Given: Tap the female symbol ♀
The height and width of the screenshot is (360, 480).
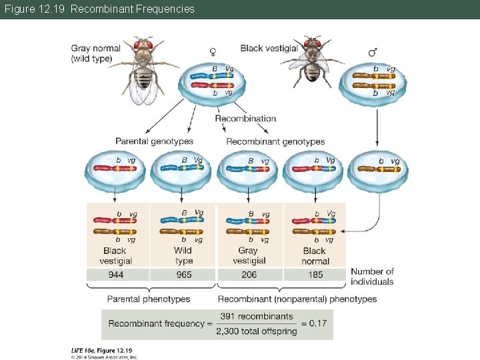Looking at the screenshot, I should (213, 51).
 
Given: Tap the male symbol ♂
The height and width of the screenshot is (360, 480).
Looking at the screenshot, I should (373, 51).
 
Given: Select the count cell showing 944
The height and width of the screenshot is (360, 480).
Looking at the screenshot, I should (116, 275).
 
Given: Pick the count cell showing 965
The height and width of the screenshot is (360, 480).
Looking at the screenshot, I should (183, 275).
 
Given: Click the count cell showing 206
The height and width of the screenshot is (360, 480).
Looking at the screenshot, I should (249, 275).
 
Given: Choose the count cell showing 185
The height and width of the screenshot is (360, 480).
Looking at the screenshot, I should (315, 275).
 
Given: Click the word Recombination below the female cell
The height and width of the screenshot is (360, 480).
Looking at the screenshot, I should (245, 119).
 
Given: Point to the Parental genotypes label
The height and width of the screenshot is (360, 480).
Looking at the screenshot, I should (154, 141).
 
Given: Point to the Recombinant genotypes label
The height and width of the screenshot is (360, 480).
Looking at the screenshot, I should (275, 141).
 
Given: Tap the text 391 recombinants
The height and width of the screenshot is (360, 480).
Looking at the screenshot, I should (256, 317).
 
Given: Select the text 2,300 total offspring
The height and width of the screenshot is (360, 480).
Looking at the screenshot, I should (256, 331).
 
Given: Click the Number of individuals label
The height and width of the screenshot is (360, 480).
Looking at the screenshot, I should (372, 276).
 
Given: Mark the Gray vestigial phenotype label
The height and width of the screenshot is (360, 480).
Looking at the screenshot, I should (248, 255).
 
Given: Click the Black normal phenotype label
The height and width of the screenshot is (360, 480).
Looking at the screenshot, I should (315, 255).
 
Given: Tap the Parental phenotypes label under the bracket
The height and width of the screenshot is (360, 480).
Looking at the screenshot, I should (149, 299).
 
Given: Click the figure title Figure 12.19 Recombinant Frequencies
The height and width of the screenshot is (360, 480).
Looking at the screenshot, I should (99, 9).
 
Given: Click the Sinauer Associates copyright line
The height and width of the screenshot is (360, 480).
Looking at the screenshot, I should (105, 357).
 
